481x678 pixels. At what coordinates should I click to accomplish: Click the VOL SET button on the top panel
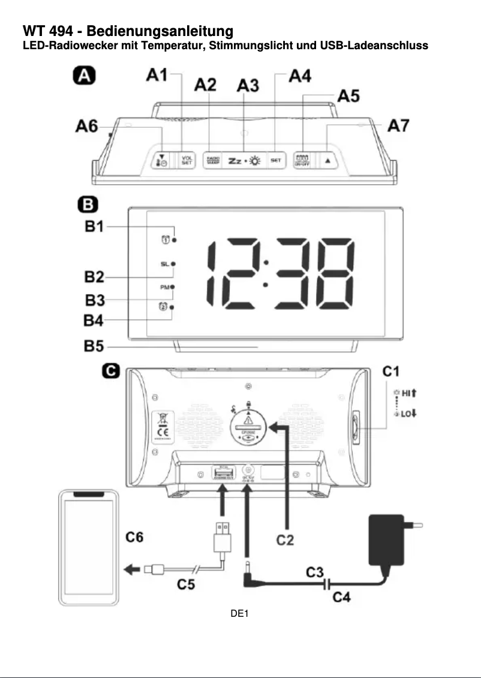coord(187,161)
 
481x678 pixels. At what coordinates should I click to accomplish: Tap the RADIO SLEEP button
coord(214,160)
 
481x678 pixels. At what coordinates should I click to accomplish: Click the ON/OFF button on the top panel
coord(302,160)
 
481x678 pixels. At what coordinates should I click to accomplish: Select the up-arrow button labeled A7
coord(328,161)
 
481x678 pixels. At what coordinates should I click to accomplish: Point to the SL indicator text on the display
coord(164,264)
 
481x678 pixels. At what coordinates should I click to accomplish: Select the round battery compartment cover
coord(249,425)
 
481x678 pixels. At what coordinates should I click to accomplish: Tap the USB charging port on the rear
coord(222,474)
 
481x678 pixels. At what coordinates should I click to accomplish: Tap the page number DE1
coord(240,613)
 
